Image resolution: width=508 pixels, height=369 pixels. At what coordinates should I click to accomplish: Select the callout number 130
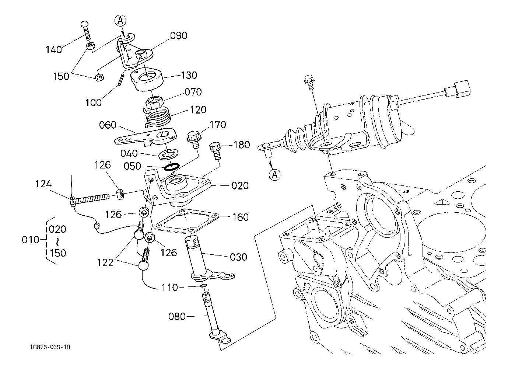pyautogui.click(x=189, y=75)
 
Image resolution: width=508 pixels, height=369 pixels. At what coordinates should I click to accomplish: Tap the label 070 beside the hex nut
pyautogui.click(x=193, y=91)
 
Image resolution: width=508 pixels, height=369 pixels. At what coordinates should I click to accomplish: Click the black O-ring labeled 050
pyautogui.click(x=172, y=167)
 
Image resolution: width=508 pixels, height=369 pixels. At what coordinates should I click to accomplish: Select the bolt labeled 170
pyautogui.click(x=194, y=139)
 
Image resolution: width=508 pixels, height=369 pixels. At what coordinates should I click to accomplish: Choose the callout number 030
pyautogui.click(x=238, y=257)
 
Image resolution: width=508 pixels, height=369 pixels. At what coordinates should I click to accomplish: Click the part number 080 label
pyautogui.click(x=177, y=316)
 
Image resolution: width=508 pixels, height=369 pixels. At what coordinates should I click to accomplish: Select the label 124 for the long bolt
pyautogui.click(x=43, y=184)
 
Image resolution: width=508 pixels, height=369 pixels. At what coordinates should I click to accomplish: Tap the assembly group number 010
pyautogui.click(x=31, y=240)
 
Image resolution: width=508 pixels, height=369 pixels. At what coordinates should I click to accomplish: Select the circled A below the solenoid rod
pyautogui.click(x=274, y=174)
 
